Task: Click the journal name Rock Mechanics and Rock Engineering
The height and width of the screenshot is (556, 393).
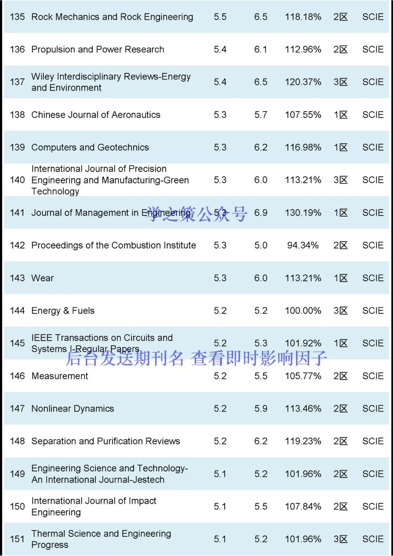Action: [112, 17]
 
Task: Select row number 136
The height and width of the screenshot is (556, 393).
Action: [17, 50]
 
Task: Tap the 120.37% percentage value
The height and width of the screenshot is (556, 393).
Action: [303, 82]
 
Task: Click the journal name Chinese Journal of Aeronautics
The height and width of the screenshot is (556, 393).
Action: [96, 115]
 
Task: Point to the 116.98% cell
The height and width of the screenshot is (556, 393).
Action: [303, 147]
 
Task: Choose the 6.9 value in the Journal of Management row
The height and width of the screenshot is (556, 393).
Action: [261, 213]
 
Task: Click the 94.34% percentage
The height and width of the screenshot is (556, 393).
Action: [303, 245]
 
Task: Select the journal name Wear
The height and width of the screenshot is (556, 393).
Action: [43, 278]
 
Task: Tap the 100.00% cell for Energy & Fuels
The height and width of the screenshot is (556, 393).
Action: [303, 311]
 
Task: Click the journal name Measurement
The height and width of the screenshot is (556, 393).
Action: [60, 376]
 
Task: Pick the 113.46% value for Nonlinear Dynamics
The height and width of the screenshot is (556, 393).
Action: [303, 409]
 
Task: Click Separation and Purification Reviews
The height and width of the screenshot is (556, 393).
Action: [106, 441]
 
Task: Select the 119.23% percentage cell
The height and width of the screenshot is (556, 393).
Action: [303, 441]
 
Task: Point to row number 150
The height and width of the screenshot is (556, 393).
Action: [17, 506]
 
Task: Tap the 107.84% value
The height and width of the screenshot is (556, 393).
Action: [303, 506]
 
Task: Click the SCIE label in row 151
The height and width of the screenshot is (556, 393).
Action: [373, 539]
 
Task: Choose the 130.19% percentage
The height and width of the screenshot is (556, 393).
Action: [303, 213]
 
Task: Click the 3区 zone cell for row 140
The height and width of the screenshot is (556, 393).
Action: [341, 180]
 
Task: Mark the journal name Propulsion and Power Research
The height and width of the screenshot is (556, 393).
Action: [98, 50]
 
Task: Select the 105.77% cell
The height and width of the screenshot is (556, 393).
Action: [303, 376]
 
